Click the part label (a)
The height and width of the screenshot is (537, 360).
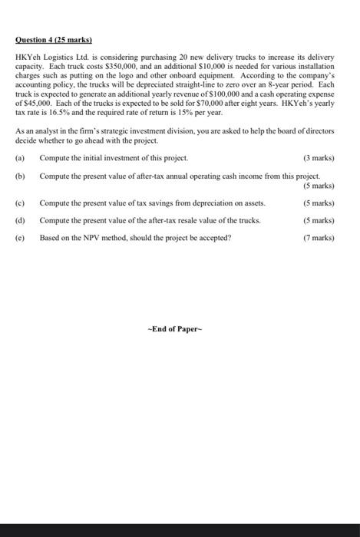(20, 158)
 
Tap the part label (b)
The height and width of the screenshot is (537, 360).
(20, 176)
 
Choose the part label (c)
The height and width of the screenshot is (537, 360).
(20, 203)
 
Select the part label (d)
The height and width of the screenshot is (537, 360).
(20, 220)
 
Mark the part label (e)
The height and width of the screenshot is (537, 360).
(20, 237)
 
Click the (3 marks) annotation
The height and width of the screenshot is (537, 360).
(319, 158)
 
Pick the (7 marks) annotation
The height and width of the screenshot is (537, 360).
(319, 237)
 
